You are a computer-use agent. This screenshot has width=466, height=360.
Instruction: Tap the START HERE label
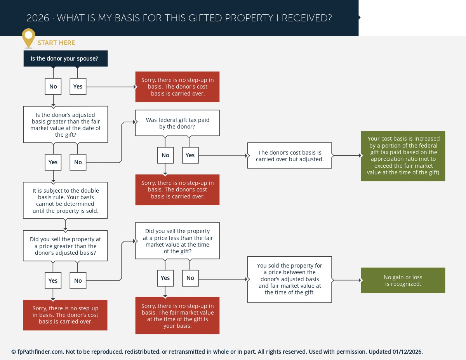click(x=56, y=43)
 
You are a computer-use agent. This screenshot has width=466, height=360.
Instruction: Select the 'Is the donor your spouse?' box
click(x=66, y=59)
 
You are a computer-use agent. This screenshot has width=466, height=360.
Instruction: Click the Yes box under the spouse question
click(x=78, y=87)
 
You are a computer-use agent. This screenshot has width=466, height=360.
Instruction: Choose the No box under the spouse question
click(x=53, y=87)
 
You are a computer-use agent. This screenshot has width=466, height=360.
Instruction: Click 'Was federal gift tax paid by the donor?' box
click(x=177, y=123)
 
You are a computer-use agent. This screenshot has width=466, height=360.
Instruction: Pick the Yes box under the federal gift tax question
click(x=190, y=155)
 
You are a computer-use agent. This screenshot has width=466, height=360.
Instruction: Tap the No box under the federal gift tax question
click(x=165, y=155)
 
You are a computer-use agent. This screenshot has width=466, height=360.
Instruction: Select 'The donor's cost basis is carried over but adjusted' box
click(x=290, y=155)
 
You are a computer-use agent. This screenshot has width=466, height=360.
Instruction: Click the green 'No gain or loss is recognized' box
click(x=403, y=280)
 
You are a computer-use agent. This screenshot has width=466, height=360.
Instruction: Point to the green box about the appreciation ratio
click(x=403, y=156)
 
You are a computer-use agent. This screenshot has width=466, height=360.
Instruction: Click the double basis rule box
click(x=65, y=200)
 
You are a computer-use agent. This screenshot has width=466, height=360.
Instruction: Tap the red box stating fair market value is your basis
click(x=177, y=315)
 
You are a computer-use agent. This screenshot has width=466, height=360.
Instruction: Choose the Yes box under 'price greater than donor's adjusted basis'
click(x=53, y=280)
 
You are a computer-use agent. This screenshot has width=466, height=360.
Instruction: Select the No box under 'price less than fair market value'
click(x=190, y=278)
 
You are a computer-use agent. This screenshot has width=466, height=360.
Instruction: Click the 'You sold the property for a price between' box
click(x=290, y=279)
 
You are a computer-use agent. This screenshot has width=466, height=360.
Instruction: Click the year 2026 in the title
click(x=38, y=18)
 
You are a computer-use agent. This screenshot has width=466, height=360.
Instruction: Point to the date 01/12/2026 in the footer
click(x=407, y=351)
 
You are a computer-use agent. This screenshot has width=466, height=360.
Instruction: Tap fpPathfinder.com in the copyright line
click(x=40, y=352)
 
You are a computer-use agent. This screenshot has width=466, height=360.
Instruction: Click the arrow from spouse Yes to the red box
click(x=111, y=87)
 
